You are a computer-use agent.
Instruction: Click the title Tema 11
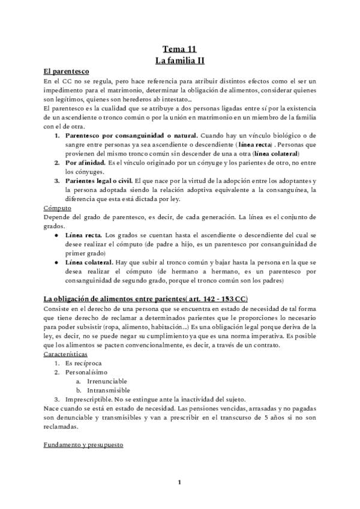point(179,50)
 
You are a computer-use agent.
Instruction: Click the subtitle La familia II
point(179,61)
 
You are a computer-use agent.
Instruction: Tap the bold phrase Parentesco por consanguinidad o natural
point(130,136)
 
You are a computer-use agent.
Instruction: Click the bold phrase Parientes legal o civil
point(100,181)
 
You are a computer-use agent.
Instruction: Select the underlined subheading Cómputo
point(58,208)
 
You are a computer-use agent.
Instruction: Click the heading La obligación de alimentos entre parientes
point(144,299)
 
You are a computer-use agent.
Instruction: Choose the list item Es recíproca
point(84,364)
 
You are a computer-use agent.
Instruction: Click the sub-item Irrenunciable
point(107,381)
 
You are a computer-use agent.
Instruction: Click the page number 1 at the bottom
point(179,482)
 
